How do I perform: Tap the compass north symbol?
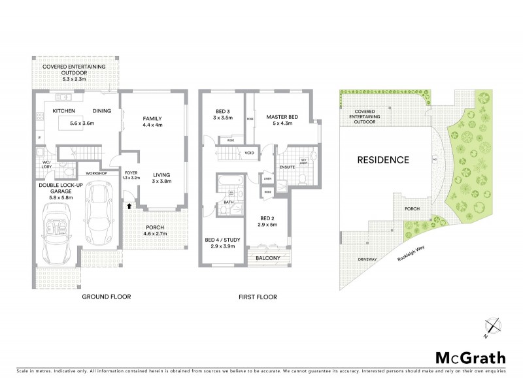click(493, 325)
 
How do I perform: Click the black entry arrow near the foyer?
click(129, 205)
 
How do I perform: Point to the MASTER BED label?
click(282, 117)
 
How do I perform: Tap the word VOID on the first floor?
click(249, 154)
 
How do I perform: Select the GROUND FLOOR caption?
click(106, 297)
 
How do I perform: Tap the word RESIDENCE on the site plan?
click(382, 160)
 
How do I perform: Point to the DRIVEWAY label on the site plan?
click(368, 259)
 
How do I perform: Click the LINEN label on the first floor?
click(267, 178)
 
